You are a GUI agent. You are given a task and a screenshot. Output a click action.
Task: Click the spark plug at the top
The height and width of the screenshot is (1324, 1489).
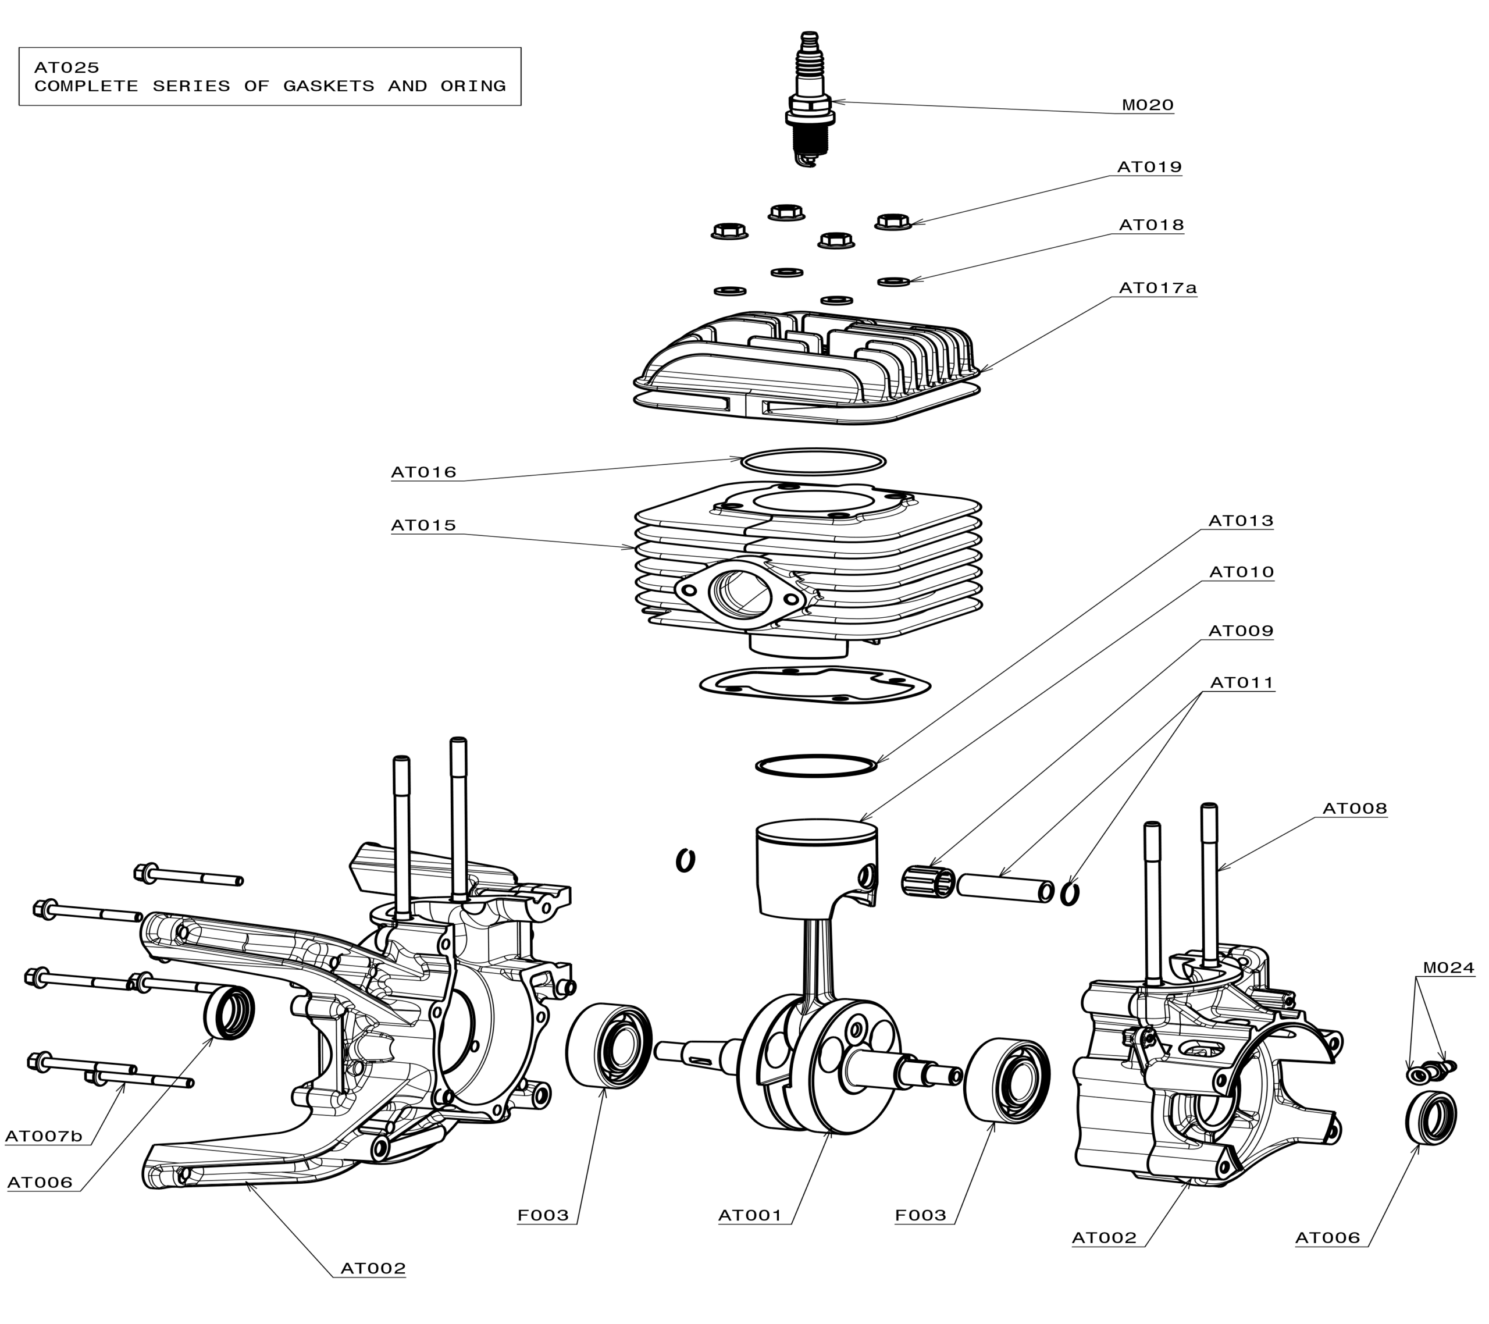click(x=809, y=102)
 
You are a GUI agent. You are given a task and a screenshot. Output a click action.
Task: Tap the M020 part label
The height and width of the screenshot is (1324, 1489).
click(x=1148, y=105)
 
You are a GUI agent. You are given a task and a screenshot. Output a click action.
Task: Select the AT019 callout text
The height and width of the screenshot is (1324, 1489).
click(x=1149, y=167)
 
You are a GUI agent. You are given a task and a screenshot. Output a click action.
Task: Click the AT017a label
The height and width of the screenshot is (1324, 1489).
click(x=1157, y=288)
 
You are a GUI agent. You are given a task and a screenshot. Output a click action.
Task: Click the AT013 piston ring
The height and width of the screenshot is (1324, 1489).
click(x=816, y=766)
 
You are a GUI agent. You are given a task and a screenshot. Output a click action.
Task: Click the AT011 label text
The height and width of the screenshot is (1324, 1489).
click(x=1241, y=683)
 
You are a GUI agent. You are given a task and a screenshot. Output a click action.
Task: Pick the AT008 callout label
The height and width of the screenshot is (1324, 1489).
click(x=1354, y=808)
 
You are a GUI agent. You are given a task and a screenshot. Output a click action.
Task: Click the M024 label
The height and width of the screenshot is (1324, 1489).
click(x=1448, y=967)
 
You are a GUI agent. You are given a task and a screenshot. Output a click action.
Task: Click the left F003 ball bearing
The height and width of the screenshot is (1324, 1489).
click(x=609, y=1047)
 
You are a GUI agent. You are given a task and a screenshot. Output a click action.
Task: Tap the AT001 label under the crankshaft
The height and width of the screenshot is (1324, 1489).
click(x=750, y=1215)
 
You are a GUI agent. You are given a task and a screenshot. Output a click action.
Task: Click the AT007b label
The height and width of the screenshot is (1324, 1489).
click(x=44, y=1136)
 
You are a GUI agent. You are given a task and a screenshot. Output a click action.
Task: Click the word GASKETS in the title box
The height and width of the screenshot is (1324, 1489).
click(x=329, y=86)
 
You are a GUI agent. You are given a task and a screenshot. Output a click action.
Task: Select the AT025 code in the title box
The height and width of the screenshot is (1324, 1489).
click(x=66, y=67)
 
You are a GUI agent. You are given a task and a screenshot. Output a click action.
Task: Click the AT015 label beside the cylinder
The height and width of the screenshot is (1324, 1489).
click(x=423, y=525)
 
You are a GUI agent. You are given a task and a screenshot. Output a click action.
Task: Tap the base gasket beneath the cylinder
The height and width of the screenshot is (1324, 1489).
click(x=814, y=685)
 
